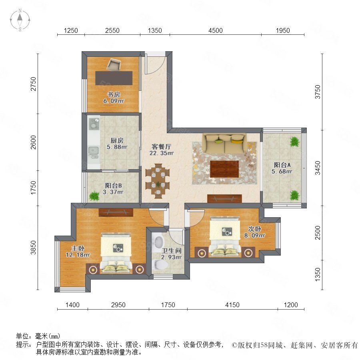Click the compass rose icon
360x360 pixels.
click(20, 20)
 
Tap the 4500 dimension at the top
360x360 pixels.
click(215, 30)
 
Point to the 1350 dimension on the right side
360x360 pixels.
click(318, 274)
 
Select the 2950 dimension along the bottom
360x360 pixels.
click(118, 305)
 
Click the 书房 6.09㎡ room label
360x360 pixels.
click(114, 98)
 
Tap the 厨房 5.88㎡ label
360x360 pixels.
click(117, 144)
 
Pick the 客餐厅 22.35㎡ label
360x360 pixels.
click(162, 150)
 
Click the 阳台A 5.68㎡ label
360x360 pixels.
click(282, 168)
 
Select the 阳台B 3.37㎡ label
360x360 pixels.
click(113, 189)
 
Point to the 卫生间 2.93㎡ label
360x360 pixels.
click(171, 254)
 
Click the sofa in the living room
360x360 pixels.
click(224, 144)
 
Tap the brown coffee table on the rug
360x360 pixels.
click(224, 169)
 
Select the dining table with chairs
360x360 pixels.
click(158, 181)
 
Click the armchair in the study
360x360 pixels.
click(114, 65)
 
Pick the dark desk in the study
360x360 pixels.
click(114, 78)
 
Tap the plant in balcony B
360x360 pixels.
click(94, 196)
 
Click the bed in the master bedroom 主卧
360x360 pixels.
click(116, 253)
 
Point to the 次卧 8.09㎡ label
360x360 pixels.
click(254, 232)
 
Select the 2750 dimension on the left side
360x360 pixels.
click(34, 84)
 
